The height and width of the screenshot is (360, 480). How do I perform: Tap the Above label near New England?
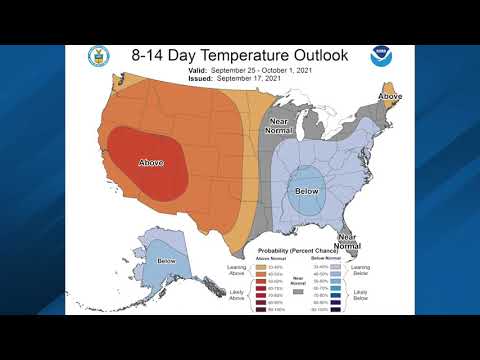pos(389,96)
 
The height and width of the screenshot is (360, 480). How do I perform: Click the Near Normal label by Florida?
pos(347,240)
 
